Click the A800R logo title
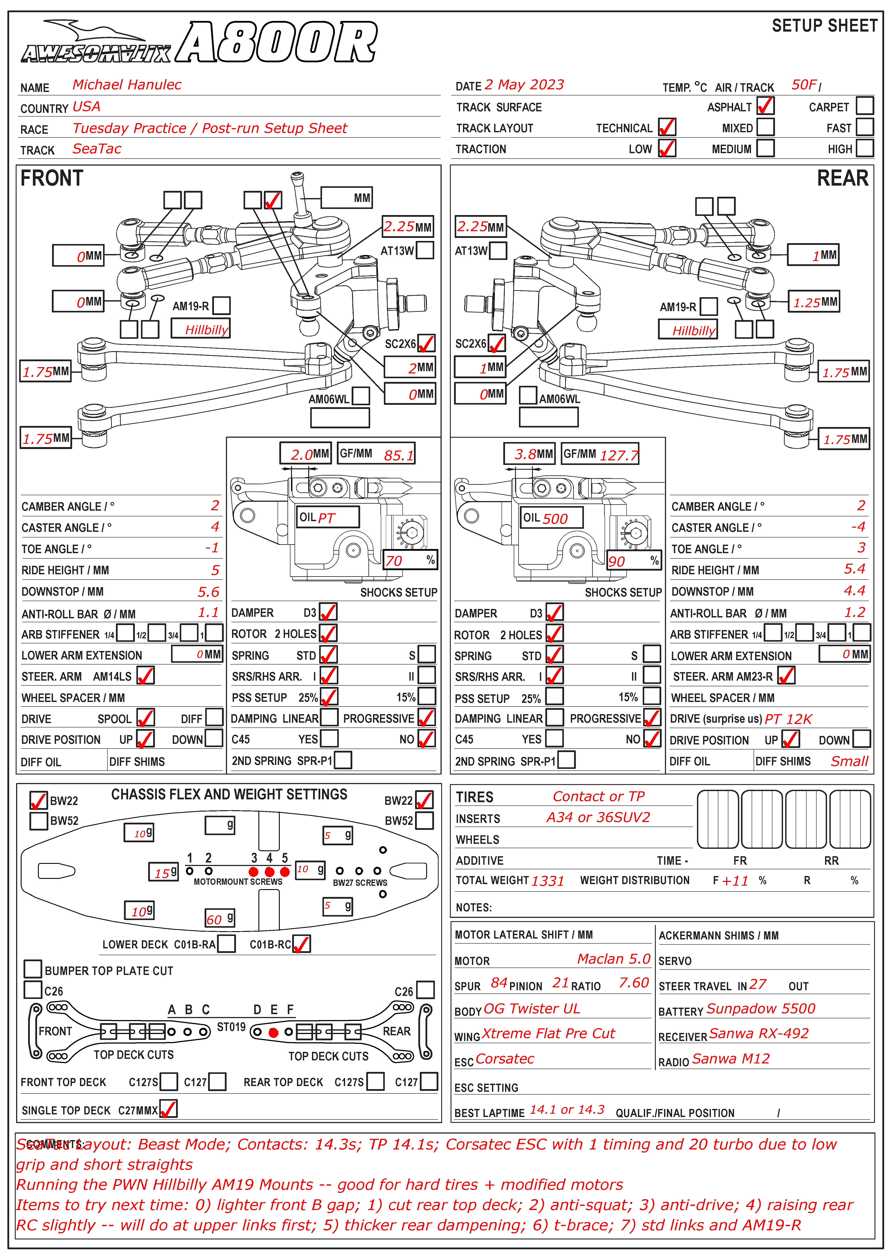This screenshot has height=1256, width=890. [277, 43]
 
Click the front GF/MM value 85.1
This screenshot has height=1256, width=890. [398, 455]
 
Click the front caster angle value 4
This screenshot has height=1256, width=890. [215, 527]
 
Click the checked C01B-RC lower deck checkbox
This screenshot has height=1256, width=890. [301, 944]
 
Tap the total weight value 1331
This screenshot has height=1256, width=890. [548, 881]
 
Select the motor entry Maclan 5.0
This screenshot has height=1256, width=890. [613, 959]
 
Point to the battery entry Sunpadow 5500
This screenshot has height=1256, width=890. [761, 1009]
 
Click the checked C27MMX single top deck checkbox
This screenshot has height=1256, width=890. [168, 1109]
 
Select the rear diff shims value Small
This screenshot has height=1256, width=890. [849, 761]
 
